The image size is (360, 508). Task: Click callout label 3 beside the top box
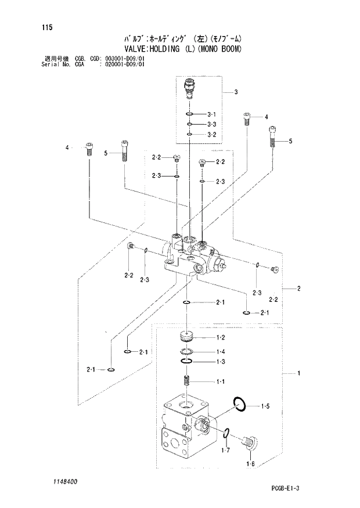236,92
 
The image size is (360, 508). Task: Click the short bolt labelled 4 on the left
89,149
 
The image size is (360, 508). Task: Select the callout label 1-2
220,338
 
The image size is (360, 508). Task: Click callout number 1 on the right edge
298,373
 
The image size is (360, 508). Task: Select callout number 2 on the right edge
298,289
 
